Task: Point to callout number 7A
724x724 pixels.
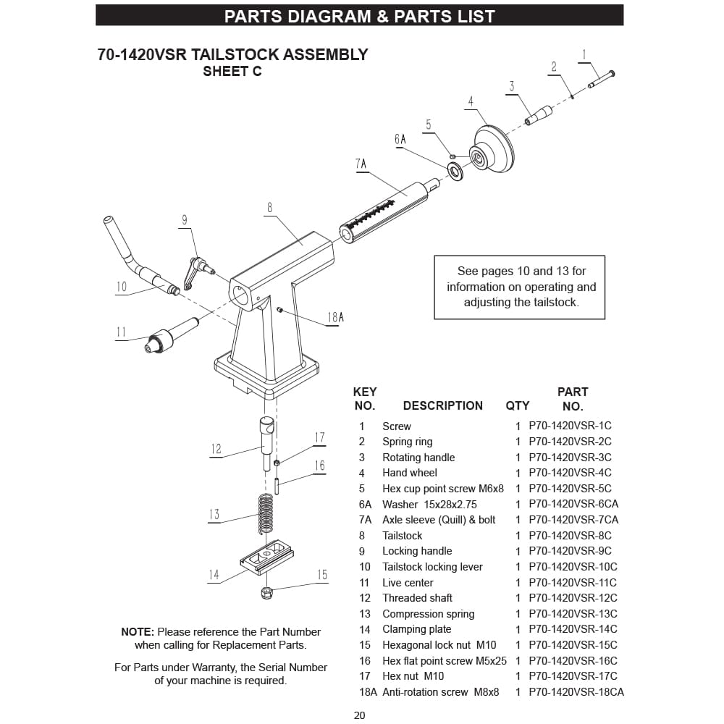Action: click(x=361, y=164)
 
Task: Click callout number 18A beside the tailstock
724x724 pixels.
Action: click(x=335, y=317)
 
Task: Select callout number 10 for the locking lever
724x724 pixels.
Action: click(x=121, y=287)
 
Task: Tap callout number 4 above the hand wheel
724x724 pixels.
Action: click(x=471, y=101)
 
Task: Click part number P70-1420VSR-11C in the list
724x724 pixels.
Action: click(x=572, y=583)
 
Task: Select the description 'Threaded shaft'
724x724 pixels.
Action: click(x=417, y=598)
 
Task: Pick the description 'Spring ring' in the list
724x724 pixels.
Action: click(x=407, y=442)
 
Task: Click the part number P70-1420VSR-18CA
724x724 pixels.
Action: click(x=576, y=692)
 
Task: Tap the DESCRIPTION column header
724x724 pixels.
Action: click(x=442, y=406)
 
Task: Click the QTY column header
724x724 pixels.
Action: click(x=517, y=406)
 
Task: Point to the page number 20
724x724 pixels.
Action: click(x=360, y=716)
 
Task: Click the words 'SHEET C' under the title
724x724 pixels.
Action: click(x=232, y=72)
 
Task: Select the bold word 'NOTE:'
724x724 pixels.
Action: click(x=138, y=632)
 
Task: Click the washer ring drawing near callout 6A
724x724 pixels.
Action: click(x=456, y=171)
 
